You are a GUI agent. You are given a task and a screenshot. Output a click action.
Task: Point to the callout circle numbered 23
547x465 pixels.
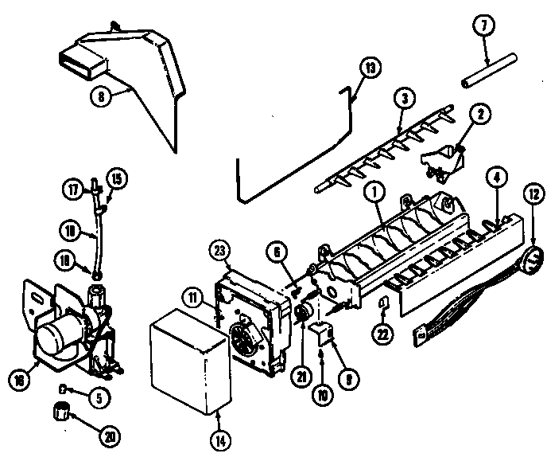coord(220,248)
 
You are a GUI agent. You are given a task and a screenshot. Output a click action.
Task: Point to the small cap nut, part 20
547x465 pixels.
coord(62,412)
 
